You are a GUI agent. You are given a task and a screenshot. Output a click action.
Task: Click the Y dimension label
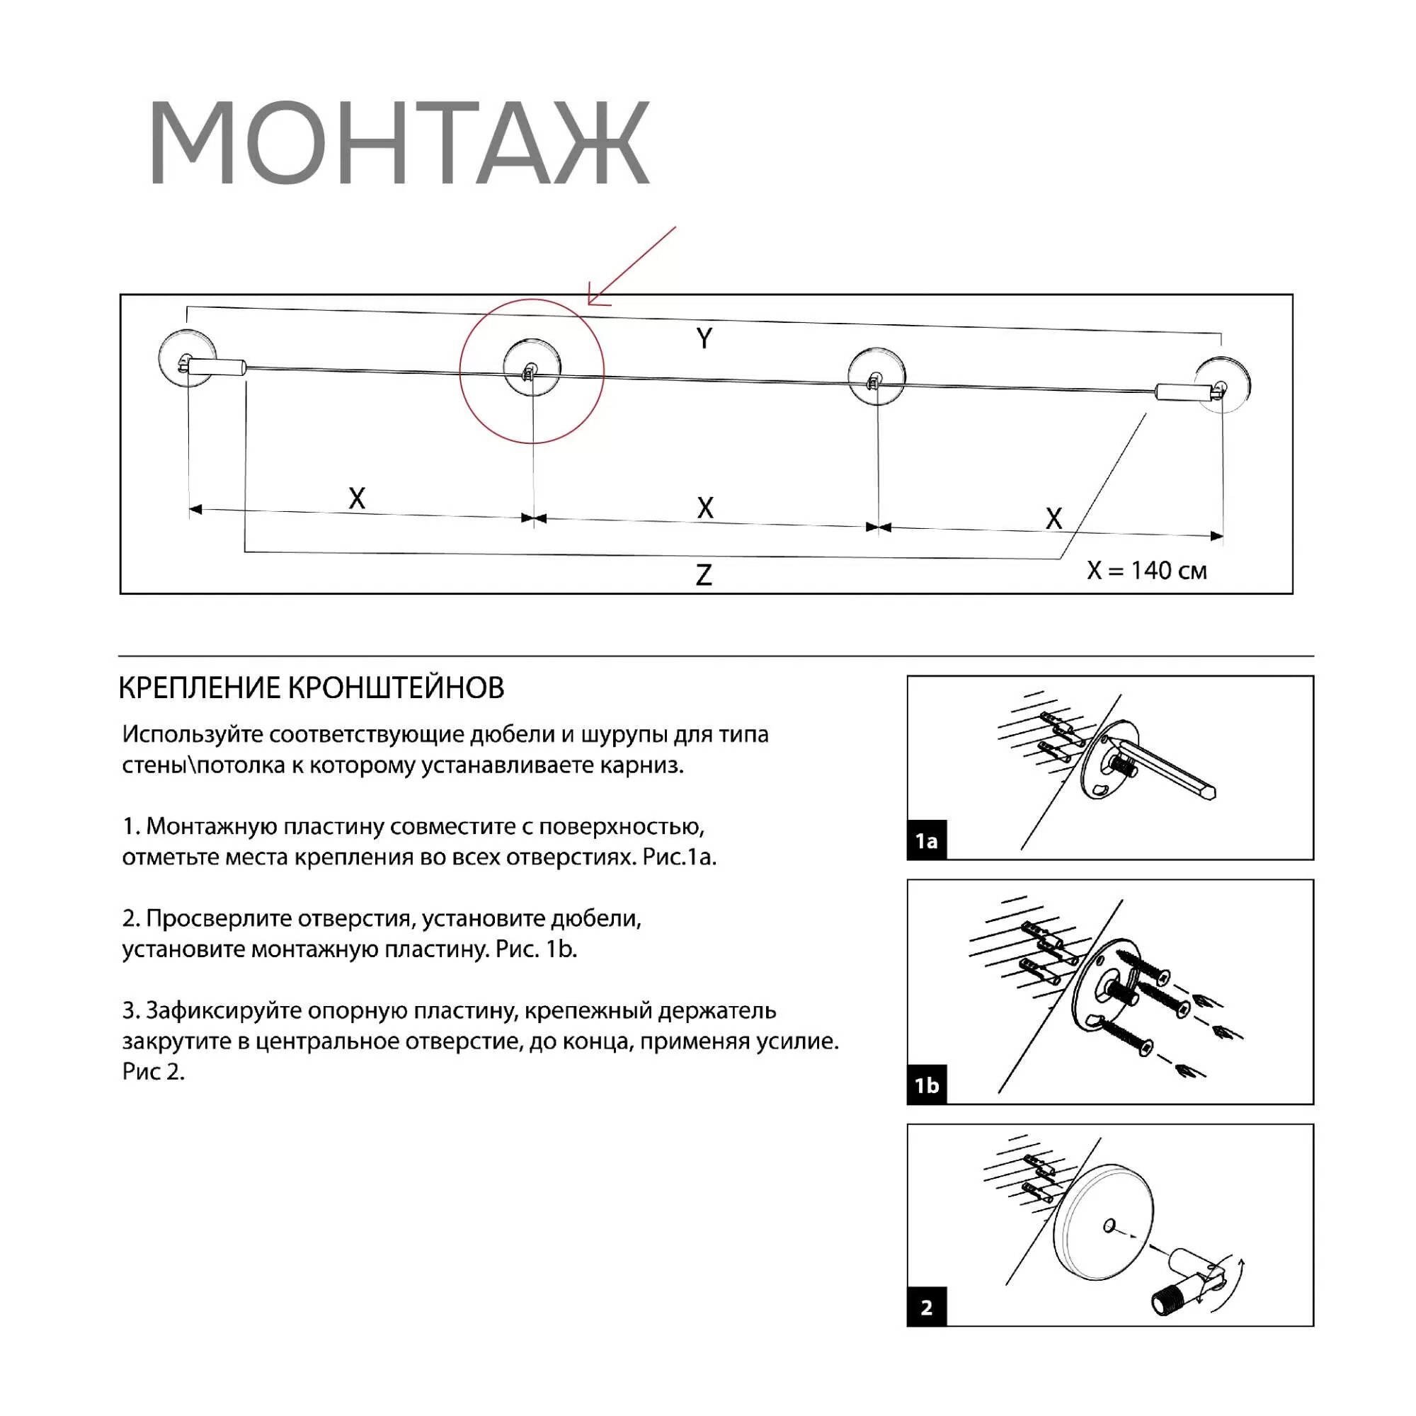click(x=704, y=338)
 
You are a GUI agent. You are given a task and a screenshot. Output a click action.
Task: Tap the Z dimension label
click(x=704, y=575)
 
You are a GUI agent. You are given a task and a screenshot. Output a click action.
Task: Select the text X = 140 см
click(x=1146, y=571)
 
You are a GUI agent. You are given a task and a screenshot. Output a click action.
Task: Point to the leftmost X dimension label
click(x=357, y=499)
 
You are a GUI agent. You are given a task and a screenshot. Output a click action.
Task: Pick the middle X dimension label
click(x=705, y=508)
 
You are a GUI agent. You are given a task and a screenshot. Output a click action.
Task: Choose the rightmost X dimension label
click(x=1054, y=519)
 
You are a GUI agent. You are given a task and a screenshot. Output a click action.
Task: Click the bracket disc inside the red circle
click(x=532, y=367)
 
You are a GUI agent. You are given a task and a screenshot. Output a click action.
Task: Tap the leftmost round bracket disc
click(x=186, y=358)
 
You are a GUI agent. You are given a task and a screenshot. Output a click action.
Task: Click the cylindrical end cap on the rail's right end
click(x=1180, y=392)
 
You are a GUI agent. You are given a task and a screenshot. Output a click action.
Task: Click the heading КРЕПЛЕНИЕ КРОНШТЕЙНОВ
click(x=312, y=688)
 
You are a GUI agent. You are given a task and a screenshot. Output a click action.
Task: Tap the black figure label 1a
click(x=926, y=840)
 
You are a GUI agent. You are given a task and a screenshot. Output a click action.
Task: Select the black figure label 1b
click(x=926, y=1085)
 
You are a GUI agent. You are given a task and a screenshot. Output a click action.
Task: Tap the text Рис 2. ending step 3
click(x=153, y=1071)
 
